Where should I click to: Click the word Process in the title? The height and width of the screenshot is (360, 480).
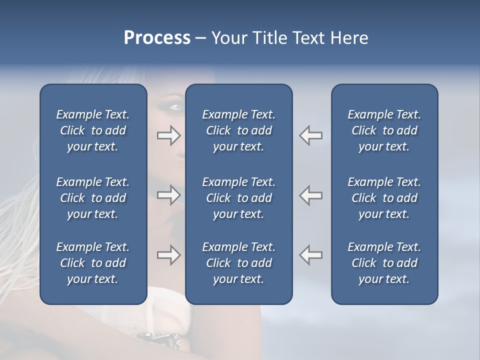[157, 38]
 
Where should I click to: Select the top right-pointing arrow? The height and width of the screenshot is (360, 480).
[169, 135]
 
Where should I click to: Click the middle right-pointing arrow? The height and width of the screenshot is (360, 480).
[169, 195]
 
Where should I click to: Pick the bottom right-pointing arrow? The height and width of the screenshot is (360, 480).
[169, 255]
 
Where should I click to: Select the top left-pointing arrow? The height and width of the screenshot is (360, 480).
[310, 135]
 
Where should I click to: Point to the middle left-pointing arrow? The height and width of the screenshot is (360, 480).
[310, 195]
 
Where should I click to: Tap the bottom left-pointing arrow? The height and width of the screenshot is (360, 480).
[310, 255]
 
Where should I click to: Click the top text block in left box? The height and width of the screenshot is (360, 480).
[93, 130]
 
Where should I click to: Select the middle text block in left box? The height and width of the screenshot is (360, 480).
[93, 198]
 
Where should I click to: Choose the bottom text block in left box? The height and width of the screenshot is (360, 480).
[93, 263]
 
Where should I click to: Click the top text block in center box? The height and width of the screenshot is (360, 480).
[238, 130]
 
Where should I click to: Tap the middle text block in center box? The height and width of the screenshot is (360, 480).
[238, 198]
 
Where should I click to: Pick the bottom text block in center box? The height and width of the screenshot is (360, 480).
[238, 263]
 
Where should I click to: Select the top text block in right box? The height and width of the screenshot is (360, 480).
[384, 130]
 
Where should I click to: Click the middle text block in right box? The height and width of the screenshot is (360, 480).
[384, 198]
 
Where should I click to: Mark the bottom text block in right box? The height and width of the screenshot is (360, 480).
[384, 263]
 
